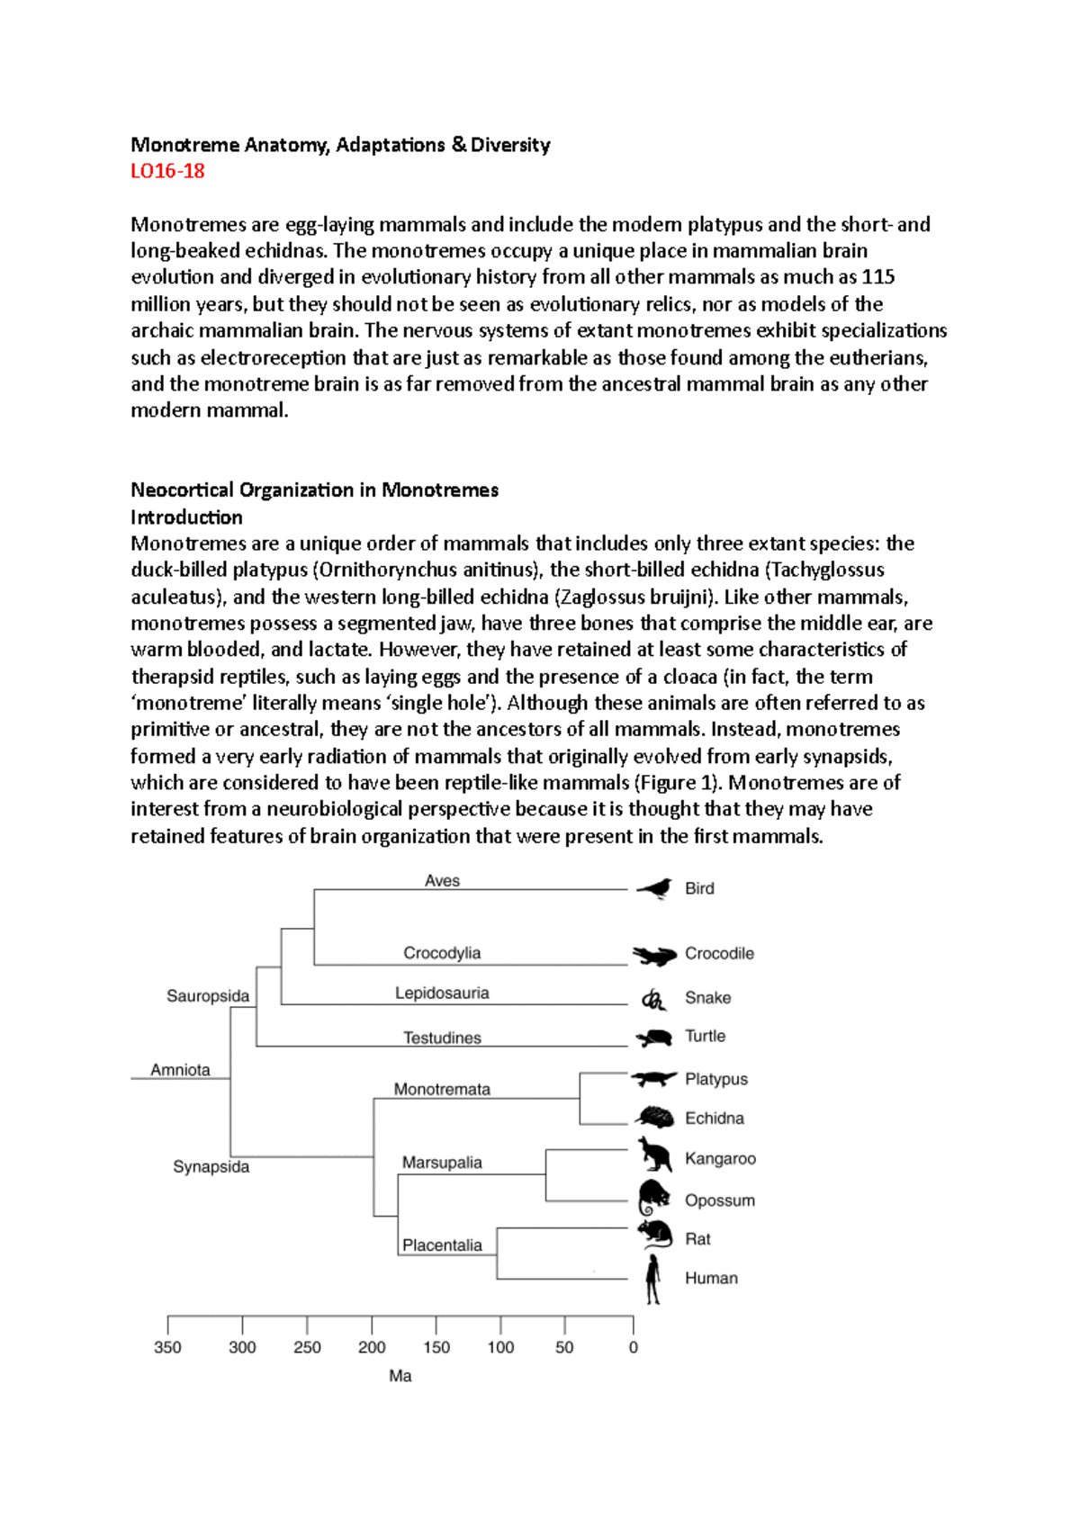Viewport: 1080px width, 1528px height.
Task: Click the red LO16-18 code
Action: [x=167, y=171]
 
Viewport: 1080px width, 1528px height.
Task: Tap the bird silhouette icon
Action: [x=655, y=889]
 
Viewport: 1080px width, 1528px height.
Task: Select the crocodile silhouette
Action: [x=654, y=955]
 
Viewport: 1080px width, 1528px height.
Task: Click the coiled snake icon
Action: [x=653, y=999]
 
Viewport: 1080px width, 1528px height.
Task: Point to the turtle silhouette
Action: [x=654, y=1038]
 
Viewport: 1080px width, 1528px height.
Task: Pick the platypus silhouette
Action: [x=653, y=1078]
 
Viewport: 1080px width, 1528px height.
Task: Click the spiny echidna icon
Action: [x=654, y=1118]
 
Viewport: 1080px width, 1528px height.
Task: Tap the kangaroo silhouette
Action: [x=654, y=1155]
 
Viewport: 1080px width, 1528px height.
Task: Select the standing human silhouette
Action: [x=653, y=1279]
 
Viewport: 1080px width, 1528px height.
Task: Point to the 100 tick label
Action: [x=500, y=1347]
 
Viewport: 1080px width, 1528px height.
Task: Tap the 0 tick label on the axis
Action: [x=634, y=1347]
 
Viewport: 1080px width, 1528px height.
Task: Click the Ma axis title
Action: [x=400, y=1376]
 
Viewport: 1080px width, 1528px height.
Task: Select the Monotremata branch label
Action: [x=442, y=1089]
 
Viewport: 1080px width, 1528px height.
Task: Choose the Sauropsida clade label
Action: [x=208, y=996]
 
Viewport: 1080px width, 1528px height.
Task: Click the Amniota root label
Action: [x=180, y=1070]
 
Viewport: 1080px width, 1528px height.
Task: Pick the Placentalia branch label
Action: [x=442, y=1245]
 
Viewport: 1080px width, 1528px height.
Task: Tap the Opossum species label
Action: [x=719, y=1200]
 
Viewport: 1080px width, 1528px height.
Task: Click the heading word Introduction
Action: [x=186, y=517]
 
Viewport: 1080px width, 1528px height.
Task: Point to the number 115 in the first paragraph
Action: [x=877, y=277]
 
